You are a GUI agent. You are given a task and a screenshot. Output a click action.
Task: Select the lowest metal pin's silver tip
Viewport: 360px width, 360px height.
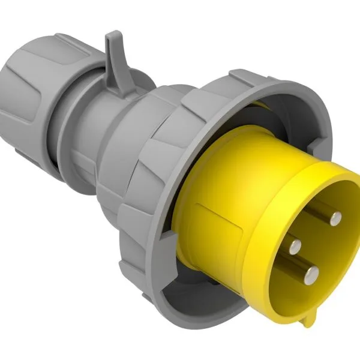coord(310,274)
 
